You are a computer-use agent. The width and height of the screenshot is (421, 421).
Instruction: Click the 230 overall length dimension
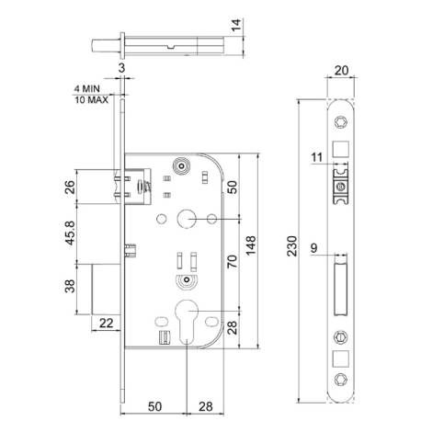(x=292, y=245)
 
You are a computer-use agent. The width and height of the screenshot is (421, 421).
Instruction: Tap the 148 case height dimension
(x=251, y=245)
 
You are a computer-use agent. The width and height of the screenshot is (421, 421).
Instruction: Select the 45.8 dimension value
(x=70, y=233)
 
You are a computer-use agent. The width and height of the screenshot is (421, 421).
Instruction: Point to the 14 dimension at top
(x=236, y=25)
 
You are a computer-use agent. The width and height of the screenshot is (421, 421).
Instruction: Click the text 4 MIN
(x=87, y=89)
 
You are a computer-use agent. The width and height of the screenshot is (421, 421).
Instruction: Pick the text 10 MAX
(x=92, y=100)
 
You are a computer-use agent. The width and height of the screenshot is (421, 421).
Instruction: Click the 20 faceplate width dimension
(x=341, y=71)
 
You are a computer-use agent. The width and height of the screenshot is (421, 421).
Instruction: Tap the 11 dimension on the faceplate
(x=317, y=157)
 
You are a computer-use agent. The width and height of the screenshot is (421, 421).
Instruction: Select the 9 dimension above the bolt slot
(x=314, y=248)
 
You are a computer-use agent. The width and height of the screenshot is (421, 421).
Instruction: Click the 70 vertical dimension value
(x=232, y=261)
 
